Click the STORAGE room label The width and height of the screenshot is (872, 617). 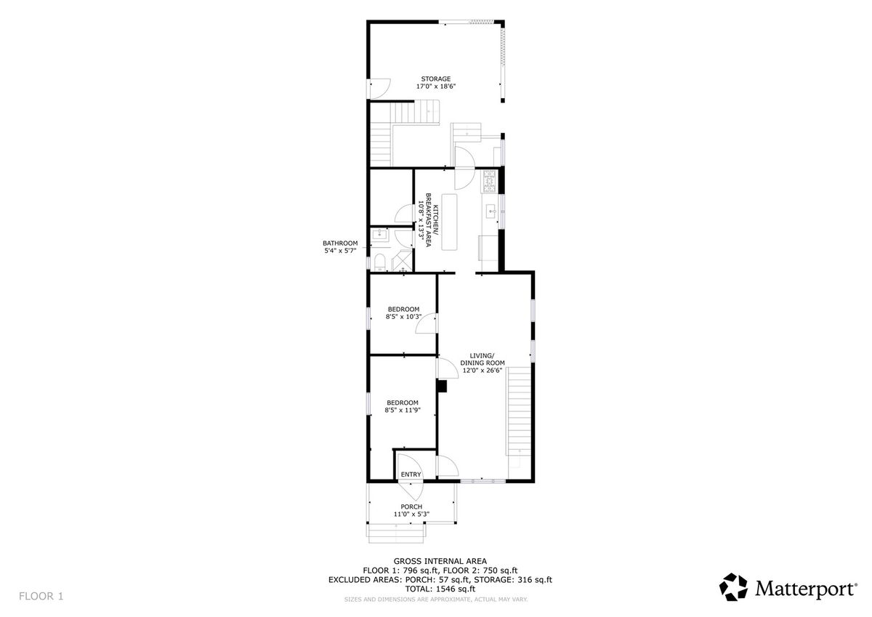click(435, 79)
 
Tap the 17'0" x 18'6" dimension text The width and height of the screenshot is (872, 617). click(435, 86)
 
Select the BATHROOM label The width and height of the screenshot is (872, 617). click(340, 243)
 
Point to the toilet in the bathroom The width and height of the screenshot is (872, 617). click(379, 262)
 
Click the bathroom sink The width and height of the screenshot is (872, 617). click(379, 234)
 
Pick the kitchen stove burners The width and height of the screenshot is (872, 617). click(490, 182)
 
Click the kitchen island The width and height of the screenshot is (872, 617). click(449, 222)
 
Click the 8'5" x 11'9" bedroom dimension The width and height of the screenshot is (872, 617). click(403, 410)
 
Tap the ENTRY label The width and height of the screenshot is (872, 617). click(411, 475)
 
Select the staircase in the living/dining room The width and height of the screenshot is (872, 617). click(519, 411)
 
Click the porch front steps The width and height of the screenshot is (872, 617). click(396, 533)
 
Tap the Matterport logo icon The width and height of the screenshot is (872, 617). click(733, 587)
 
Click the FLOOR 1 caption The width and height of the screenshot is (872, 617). click(41, 596)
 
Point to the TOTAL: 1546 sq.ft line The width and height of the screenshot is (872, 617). click(440, 589)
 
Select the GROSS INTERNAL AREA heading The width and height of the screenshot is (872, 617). click(440, 561)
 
